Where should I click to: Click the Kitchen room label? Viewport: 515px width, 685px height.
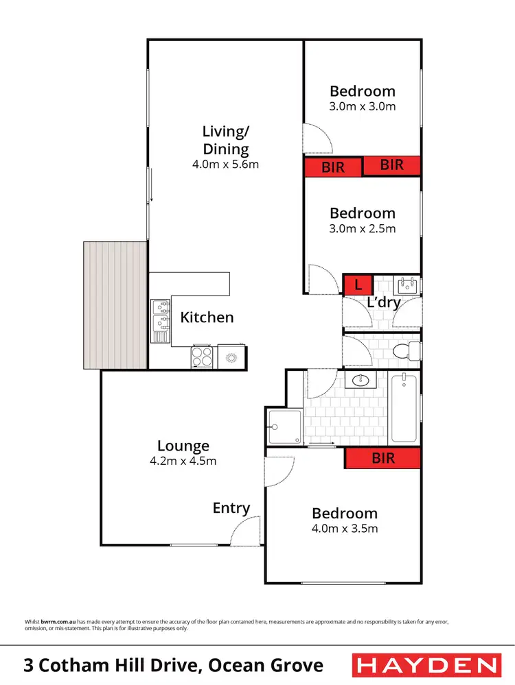(x=207, y=317)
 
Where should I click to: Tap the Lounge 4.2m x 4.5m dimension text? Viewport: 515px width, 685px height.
(x=183, y=461)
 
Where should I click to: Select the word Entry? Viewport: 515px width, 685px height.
(x=231, y=508)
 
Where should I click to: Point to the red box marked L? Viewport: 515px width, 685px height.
(x=358, y=284)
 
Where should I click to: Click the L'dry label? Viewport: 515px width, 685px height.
(x=383, y=302)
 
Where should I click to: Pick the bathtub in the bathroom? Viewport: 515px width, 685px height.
(x=404, y=408)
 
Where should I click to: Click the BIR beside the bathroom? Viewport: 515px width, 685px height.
(x=382, y=458)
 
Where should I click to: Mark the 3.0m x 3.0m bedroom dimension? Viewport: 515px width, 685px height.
(x=362, y=106)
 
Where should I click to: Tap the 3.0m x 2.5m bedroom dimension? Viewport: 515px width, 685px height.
(x=362, y=228)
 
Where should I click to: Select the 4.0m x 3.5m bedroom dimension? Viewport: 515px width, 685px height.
(x=345, y=528)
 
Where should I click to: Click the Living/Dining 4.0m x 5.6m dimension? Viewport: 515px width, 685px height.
(x=225, y=165)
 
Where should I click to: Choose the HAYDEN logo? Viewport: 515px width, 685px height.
(x=426, y=665)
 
